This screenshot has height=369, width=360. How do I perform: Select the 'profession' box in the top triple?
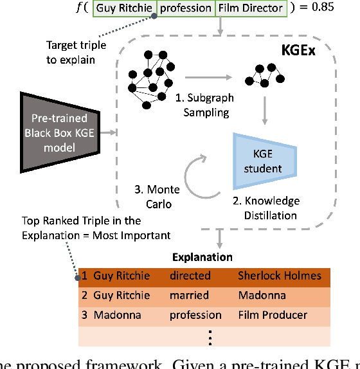tap(185, 9)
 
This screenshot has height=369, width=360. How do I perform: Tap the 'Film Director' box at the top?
tap(249, 9)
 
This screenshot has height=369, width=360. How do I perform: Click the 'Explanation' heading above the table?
tap(202, 257)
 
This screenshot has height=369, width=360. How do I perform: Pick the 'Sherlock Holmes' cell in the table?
tap(279, 276)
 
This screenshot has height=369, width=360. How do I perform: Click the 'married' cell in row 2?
tap(189, 296)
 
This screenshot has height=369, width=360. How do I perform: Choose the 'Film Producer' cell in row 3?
tap(273, 316)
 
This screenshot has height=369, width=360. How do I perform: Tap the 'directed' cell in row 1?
tap(190, 276)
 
